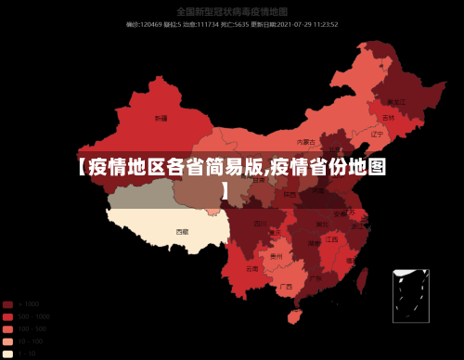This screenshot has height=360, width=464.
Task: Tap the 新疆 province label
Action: pyautogui.click(x=161, y=119)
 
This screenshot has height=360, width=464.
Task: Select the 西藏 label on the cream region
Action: pyautogui.click(x=182, y=231)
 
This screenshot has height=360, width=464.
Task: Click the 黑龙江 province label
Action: pyautogui.click(x=396, y=101)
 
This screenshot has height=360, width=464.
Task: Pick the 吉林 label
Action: pyautogui.click(x=388, y=118)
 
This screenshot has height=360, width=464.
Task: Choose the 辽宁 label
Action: pyautogui.click(x=377, y=134)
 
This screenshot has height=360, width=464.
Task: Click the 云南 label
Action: pyautogui.click(x=251, y=268)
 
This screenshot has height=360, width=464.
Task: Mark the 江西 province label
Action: pyautogui.click(x=331, y=238)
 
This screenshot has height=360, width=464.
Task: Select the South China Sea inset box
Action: pyautogui.click(x=410, y=296)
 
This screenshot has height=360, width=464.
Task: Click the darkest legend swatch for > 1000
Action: pyautogui.click(x=7, y=304)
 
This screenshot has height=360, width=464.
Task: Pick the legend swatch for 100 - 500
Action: pyautogui.click(x=7, y=328)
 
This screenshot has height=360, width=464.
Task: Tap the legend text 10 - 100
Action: pyautogui.click(x=28, y=341)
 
